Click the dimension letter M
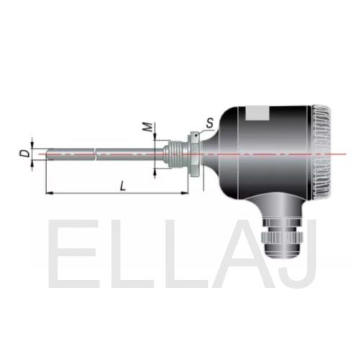coord(148,127)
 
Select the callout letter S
coord(210,123)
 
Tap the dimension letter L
coord(122,186)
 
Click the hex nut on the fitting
coord(194,153)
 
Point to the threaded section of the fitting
coord(176,153)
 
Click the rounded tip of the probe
coord(49,154)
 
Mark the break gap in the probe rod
coord(95,154)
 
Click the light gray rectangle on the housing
coord(257,113)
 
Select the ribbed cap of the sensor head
coord(322,153)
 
